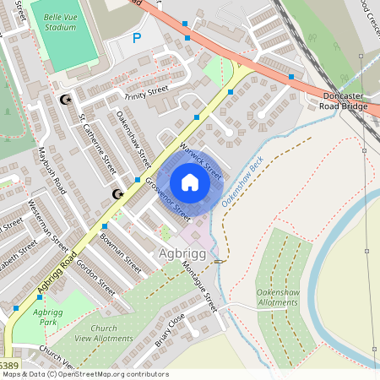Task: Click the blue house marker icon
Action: coord(190,182)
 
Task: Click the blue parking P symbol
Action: coord(137,38)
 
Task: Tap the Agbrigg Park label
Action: coord(48,317)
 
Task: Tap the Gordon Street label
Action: coord(95,275)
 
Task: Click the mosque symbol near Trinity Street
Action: coord(64,100)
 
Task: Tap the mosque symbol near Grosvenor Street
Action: coord(118,195)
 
